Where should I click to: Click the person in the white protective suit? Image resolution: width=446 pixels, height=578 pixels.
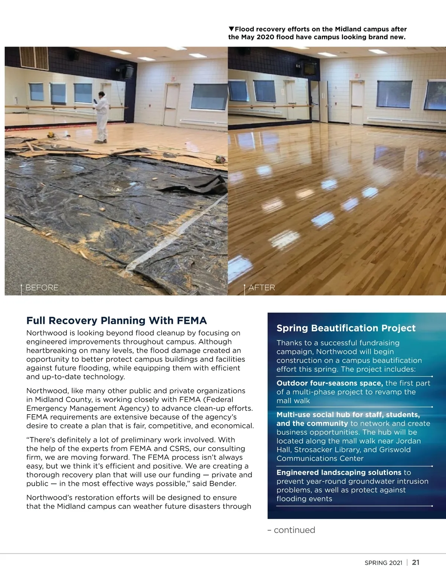point(101,117)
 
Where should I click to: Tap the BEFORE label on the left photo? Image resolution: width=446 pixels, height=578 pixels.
point(42,288)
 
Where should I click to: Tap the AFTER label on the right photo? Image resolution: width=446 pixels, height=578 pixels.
point(262,288)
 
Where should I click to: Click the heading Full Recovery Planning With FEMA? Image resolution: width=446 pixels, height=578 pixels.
point(117,321)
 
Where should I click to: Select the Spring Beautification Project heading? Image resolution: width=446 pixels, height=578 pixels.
point(346,328)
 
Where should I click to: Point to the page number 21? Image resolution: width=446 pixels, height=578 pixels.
point(416,562)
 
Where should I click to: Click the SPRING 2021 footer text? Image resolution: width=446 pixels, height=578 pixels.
point(383,563)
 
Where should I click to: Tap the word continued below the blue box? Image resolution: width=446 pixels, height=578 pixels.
point(294,530)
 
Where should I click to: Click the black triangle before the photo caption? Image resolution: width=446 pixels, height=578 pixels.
point(231,29)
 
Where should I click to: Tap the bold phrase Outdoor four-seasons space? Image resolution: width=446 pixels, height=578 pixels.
point(330,383)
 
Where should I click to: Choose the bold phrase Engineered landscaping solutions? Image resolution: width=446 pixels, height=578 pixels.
point(339,473)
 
